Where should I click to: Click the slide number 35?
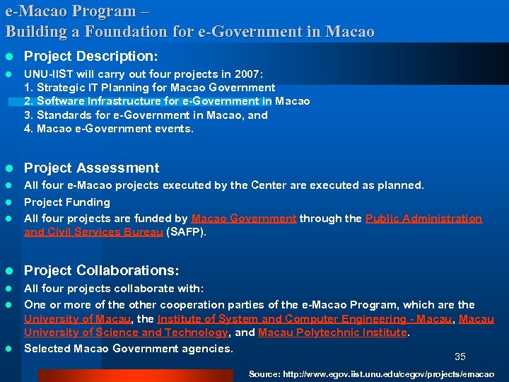pyautogui.click(x=460, y=357)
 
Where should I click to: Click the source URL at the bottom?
pyautogui.click(x=371, y=374)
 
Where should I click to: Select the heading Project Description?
pyautogui.click(x=91, y=55)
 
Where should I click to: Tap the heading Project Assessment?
pyautogui.click(x=92, y=168)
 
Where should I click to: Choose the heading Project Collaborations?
pyautogui.click(x=102, y=271)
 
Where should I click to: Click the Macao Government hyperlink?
pyautogui.click(x=244, y=219)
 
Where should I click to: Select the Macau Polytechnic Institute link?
pyautogui.click(x=333, y=332)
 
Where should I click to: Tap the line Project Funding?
pyautogui.click(x=67, y=202)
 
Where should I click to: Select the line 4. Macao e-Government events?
pyautogui.click(x=108, y=129)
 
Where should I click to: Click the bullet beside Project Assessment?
pyautogui.click(x=9, y=168)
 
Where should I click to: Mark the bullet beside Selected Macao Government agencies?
pyautogui.click(x=9, y=348)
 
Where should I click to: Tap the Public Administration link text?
pyautogui.click(x=423, y=219)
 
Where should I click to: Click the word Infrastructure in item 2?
pyautogui.click(x=119, y=101)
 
